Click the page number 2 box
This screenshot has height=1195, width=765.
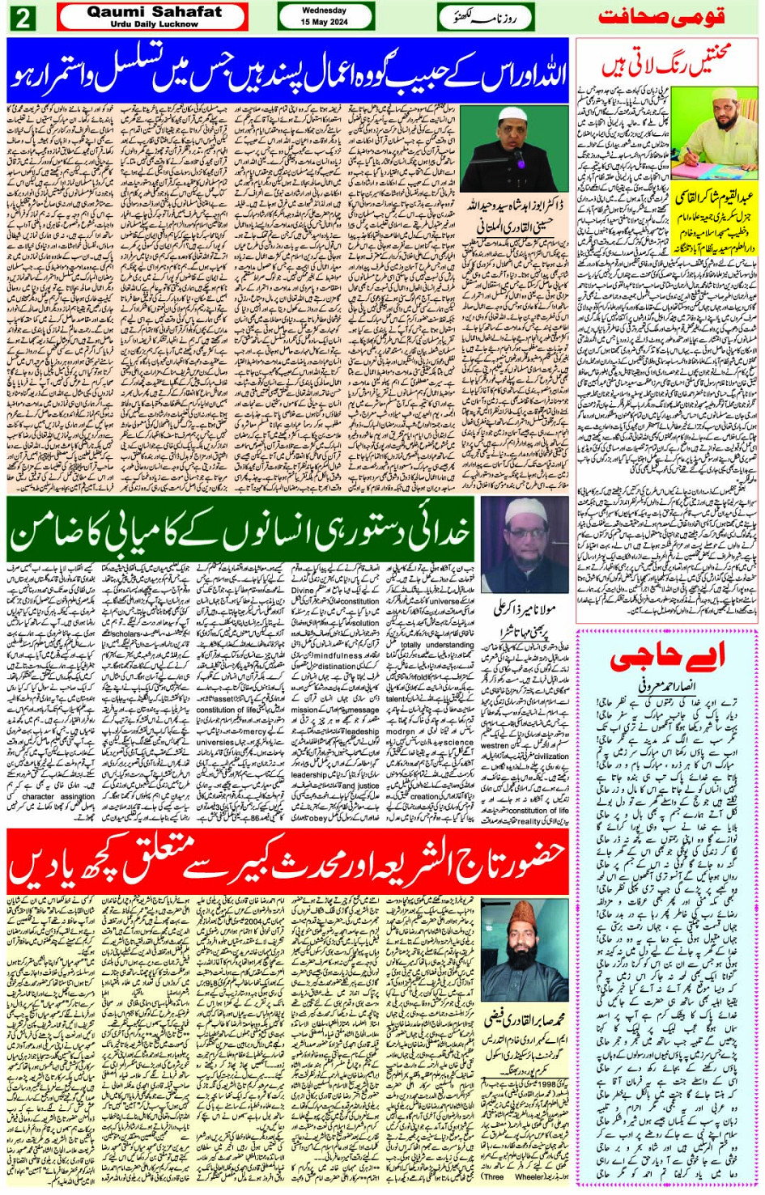(x=21, y=18)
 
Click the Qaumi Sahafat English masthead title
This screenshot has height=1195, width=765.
(x=154, y=12)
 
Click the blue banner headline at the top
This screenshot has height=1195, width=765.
(x=288, y=70)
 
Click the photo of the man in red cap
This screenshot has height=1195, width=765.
(x=525, y=950)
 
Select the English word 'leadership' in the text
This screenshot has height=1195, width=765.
(x=308, y=774)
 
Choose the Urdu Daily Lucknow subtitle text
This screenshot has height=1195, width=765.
(x=154, y=24)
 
